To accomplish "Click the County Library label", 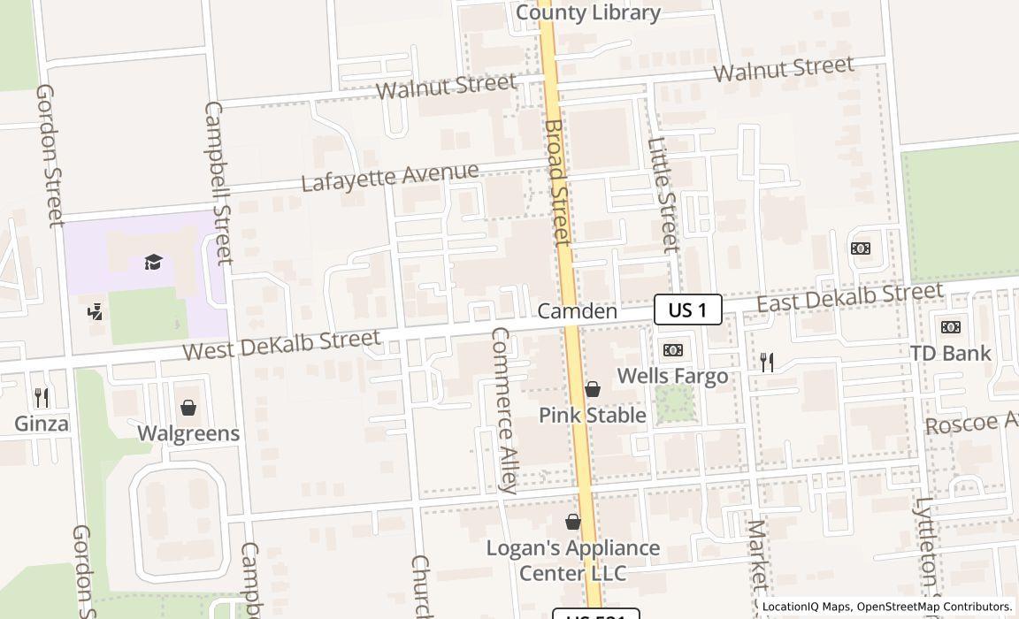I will [587, 12].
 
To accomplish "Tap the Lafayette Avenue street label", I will [390, 177].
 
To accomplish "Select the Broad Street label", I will [556, 182].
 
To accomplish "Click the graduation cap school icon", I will [154, 262].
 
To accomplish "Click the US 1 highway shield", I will [687, 309].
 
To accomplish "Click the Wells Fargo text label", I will [672, 376].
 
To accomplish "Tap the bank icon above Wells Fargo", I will [672, 350].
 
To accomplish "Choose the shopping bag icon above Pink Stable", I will [593, 389].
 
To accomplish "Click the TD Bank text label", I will [951, 354].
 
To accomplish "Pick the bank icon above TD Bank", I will [951, 327].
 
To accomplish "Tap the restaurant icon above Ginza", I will [41, 397].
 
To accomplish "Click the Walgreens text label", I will [188, 433].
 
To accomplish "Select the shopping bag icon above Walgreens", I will [188, 408].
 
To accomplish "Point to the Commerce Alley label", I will [505, 409].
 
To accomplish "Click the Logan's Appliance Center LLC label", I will [573, 561].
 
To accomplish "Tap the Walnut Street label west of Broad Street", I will [446, 87].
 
